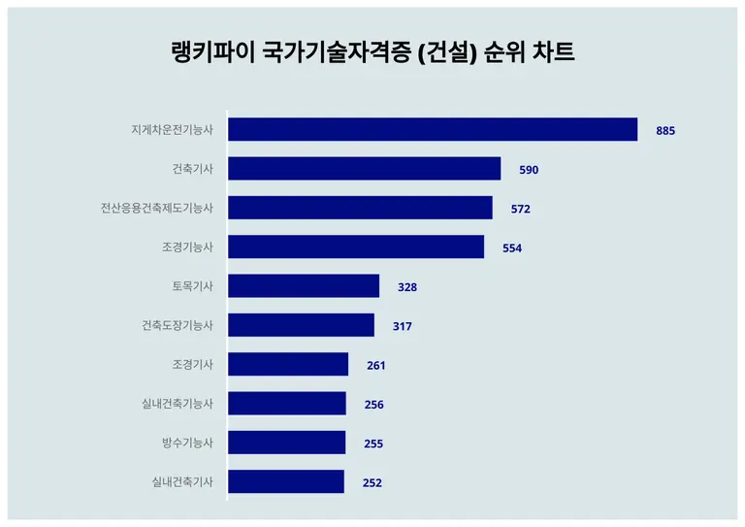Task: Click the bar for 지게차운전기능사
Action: (433, 130)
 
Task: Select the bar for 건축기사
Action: (365, 169)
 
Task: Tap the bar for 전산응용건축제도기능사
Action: (360, 208)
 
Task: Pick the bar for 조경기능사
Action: (356, 247)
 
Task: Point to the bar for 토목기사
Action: (304, 286)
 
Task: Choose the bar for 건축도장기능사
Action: (301, 325)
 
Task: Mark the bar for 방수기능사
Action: (286, 443)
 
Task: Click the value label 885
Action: (665, 131)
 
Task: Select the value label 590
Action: (529, 170)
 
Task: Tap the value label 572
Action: (521, 209)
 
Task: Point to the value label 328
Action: (407, 287)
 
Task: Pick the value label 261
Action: (376, 366)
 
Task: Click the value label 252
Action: (372, 482)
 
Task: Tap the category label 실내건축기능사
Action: (178, 404)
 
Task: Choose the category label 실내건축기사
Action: (182, 481)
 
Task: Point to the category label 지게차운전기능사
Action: (172, 130)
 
